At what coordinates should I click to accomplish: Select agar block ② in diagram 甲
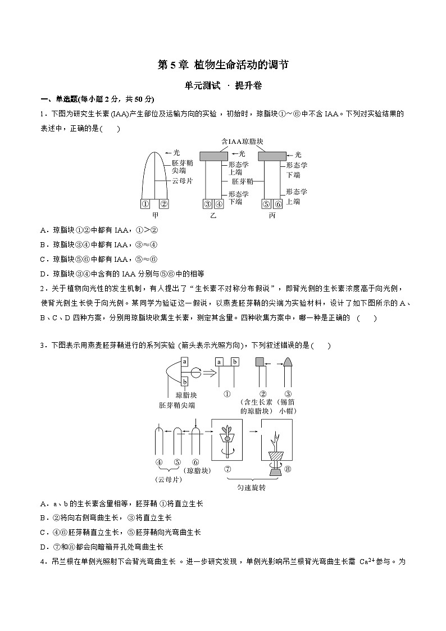click(x=163, y=205)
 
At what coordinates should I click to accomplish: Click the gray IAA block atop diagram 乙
click(x=213, y=155)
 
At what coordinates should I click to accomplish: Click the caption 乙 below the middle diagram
click(x=213, y=215)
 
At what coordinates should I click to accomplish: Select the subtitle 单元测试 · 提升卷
click(x=223, y=86)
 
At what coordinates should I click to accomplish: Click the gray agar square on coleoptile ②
click(x=260, y=362)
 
